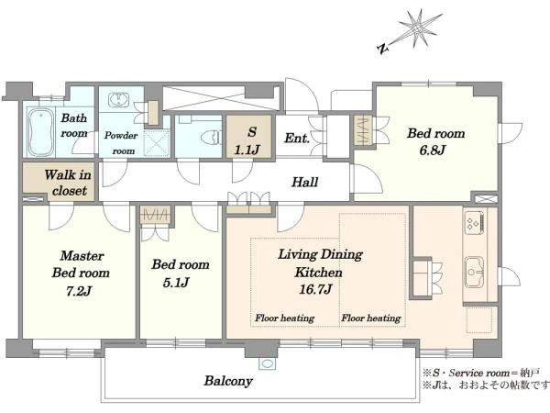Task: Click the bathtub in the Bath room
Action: [41, 132]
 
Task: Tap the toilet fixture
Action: [211, 137]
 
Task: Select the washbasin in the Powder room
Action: [118, 100]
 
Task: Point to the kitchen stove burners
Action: [474, 222]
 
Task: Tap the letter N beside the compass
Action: [383, 49]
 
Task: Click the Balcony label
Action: [228, 381]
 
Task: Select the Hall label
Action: [305, 182]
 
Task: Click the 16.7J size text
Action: [315, 289]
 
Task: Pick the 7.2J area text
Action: [79, 291]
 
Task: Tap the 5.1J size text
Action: [176, 283]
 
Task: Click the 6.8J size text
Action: [432, 151]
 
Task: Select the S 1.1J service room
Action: [248, 137]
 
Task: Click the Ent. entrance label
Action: [297, 138]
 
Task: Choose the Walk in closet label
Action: [68, 183]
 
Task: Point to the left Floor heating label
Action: [284, 318]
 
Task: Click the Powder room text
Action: [121, 143]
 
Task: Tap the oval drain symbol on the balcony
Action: [268, 363]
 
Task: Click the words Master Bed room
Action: [81, 264]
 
